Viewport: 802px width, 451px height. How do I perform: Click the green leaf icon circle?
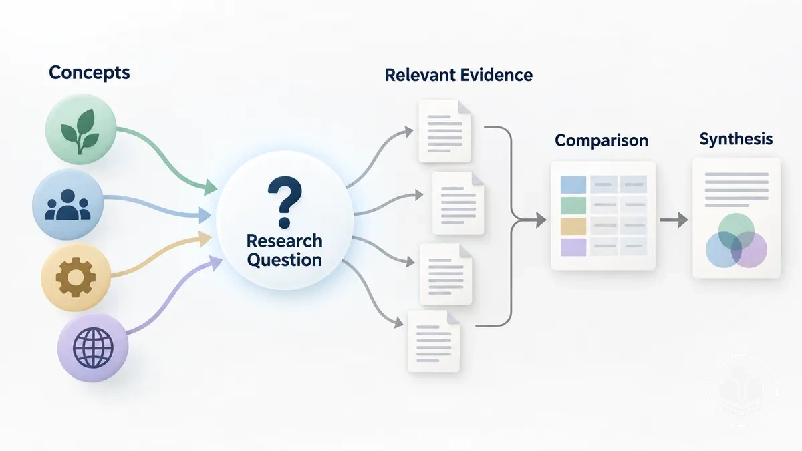[x=81, y=129]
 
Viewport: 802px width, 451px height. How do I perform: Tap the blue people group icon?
[x=68, y=204]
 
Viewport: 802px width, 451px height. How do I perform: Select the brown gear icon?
[x=76, y=277]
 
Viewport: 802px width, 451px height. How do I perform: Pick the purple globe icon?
[x=93, y=348]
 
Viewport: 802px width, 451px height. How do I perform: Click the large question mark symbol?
[x=285, y=202]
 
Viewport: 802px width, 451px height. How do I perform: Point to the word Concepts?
[x=89, y=73]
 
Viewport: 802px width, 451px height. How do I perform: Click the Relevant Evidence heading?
[x=458, y=75]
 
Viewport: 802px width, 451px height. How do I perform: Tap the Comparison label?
[x=601, y=140]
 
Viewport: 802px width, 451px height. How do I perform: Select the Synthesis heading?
[x=736, y=139]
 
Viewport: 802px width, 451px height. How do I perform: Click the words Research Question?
[x=285, y=250]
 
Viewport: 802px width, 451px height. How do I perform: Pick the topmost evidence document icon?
[x=444, y=131]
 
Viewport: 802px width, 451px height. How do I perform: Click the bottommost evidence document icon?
[x=434, y=341]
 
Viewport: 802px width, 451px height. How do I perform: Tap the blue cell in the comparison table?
[x=573, y=184]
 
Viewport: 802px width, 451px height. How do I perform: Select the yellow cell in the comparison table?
[x=573, y=227]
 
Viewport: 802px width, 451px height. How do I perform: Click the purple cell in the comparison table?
[x=573, y=247]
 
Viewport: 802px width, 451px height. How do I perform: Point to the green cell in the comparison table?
[x=573, y=206]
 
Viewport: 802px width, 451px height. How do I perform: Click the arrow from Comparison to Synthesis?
[x=674, y=220]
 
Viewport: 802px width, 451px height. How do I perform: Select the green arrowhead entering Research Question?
[x=211, y=188]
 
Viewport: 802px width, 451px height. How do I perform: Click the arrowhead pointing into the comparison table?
[x=541, y=220]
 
